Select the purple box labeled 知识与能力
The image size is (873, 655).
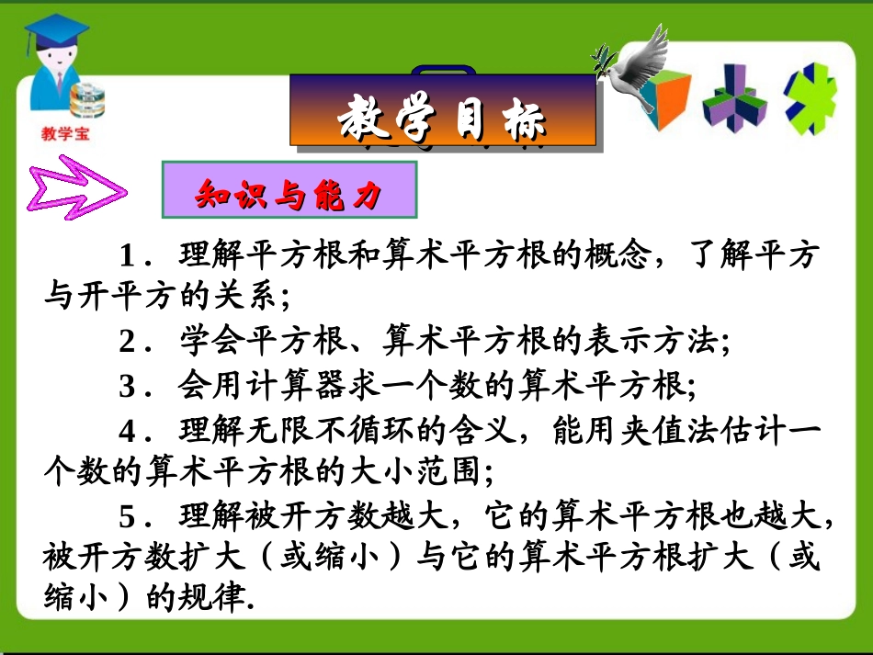289,190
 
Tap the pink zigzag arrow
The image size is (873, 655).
78,190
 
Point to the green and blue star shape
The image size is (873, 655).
810,96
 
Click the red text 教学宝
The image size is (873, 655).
67,134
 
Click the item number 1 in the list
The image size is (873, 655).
128,254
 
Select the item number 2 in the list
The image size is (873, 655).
128,343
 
